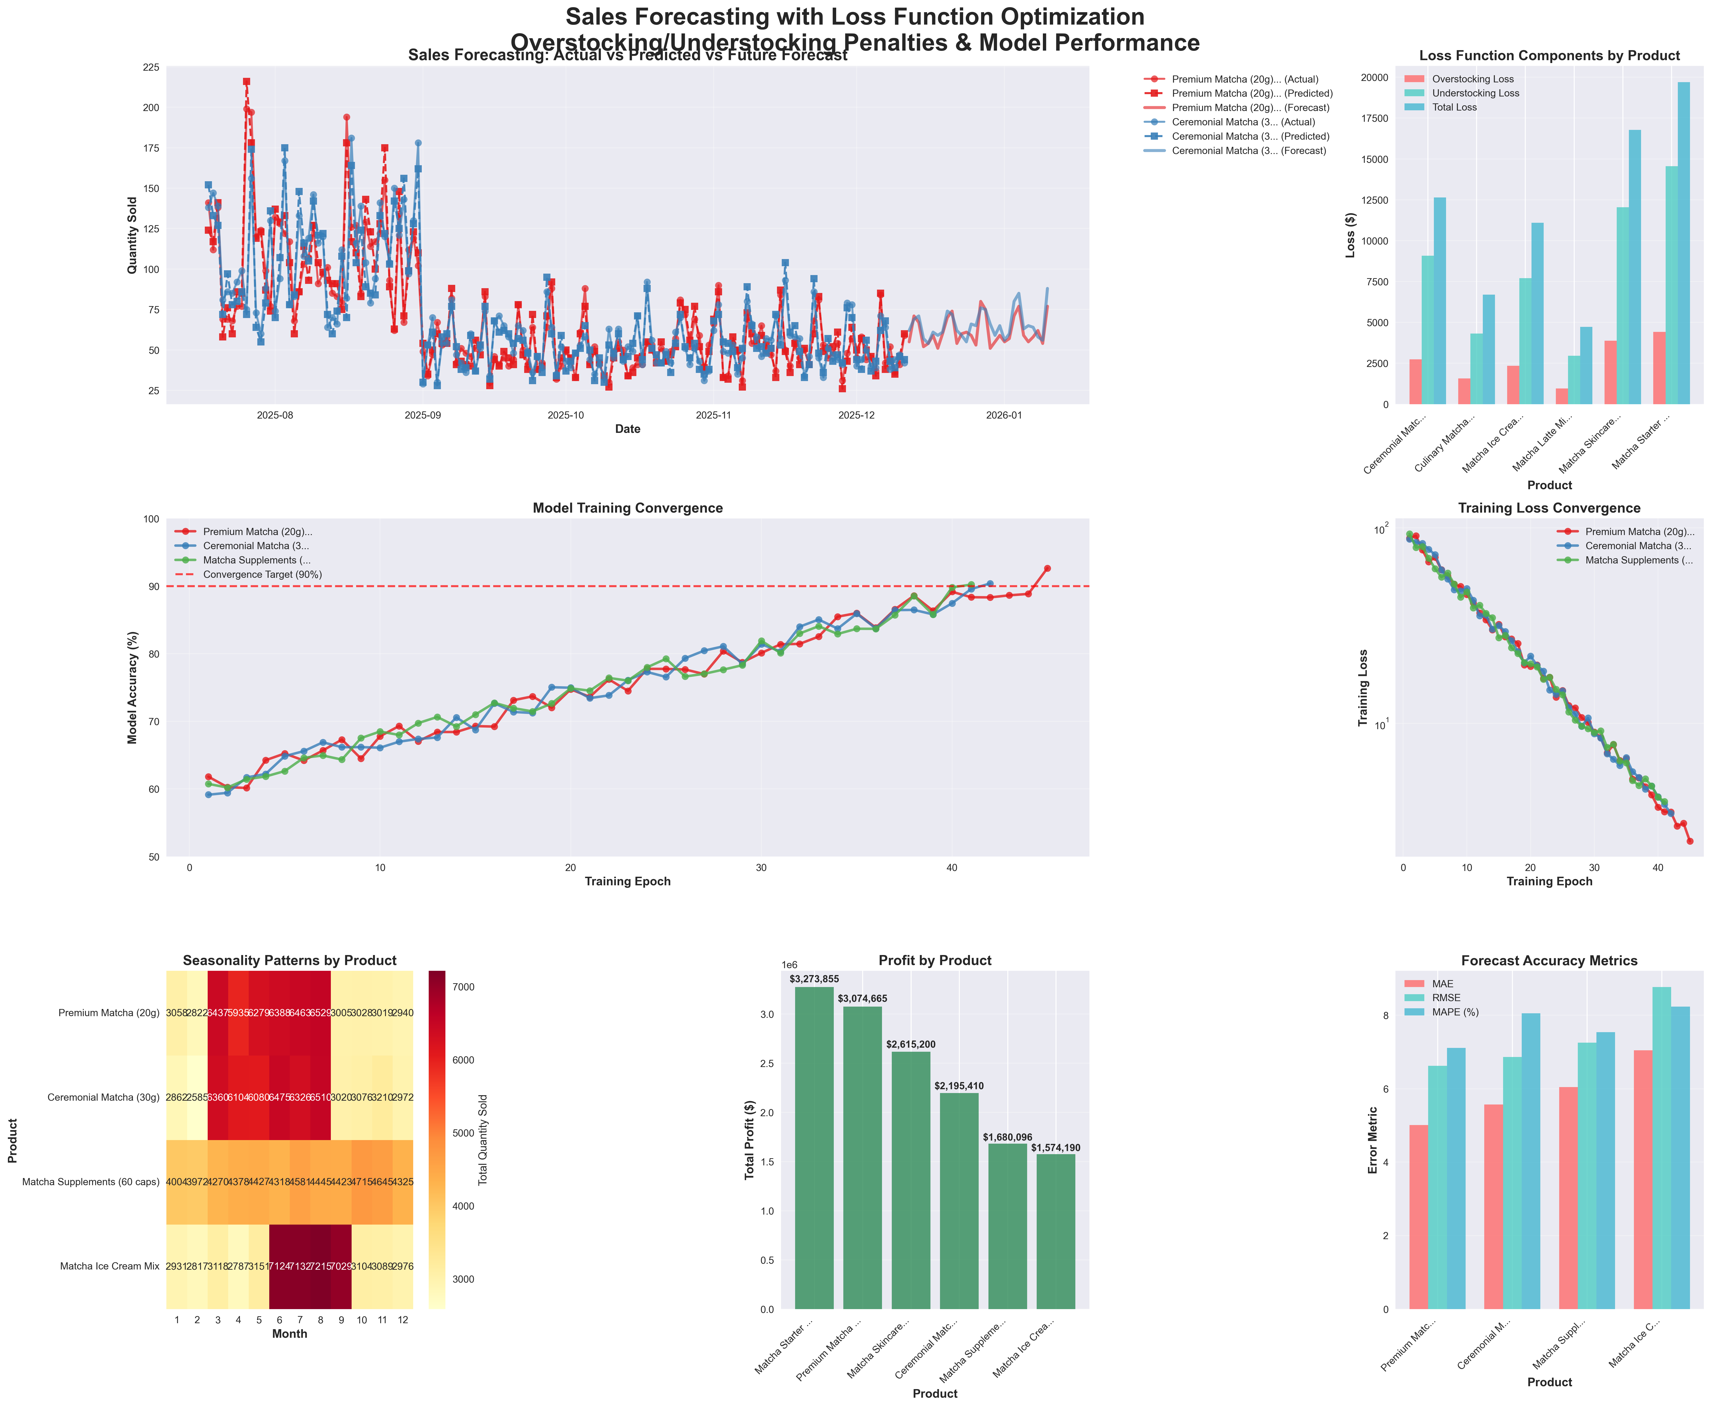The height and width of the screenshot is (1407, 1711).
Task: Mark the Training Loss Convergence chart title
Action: pos(1549,508)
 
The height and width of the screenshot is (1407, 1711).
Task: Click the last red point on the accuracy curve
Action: pos(1047,568)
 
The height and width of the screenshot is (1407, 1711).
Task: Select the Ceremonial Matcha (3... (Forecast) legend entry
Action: pos(1248,151)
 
